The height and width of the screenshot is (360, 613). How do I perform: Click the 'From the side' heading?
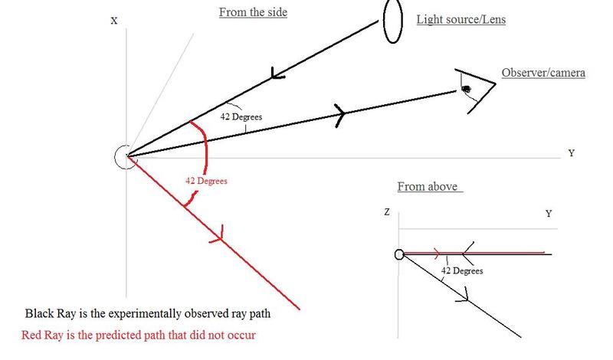coord(253,12)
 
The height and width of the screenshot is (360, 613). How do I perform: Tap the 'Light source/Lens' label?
coord(461,19)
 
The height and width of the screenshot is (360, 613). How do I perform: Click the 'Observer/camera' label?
coord(543,73)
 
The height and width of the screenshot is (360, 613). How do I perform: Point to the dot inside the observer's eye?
coord(466,90)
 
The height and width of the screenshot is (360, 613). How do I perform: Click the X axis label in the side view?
coord(114,21)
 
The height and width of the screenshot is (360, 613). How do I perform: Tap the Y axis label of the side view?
coord(571,153)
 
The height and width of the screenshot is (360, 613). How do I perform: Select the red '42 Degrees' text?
coord(206,181)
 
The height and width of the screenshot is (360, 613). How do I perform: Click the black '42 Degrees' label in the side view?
coord(241,117)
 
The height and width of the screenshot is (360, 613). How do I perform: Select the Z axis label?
coord(388,214)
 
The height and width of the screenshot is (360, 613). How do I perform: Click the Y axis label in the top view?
coord(549,214)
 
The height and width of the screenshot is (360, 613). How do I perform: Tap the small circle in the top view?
coord(399,255)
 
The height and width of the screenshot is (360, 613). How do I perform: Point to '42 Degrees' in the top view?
coord(462,270)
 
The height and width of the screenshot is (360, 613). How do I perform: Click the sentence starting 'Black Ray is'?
coord(148,314)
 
